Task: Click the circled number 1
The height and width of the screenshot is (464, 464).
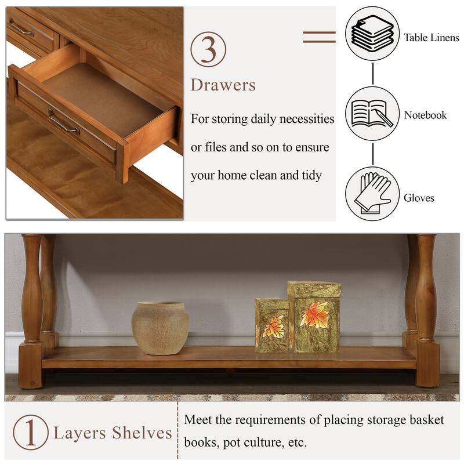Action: point(31,432)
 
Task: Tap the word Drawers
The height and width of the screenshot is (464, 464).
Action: point(223,85)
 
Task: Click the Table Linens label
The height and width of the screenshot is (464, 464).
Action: point(432,38)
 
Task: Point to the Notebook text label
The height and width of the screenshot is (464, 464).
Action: point(425,115)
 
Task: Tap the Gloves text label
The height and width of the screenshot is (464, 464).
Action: point(419,198)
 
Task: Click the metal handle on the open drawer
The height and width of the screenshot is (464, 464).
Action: point(63,122)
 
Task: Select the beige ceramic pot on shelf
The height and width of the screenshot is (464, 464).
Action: point(160,328)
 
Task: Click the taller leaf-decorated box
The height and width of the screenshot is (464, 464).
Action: point(314,316)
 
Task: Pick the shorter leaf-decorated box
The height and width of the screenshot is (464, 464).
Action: point(271,326)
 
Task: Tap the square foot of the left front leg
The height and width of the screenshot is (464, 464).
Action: point(31,365)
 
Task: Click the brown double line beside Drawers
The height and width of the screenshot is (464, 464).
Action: point(319,37)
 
